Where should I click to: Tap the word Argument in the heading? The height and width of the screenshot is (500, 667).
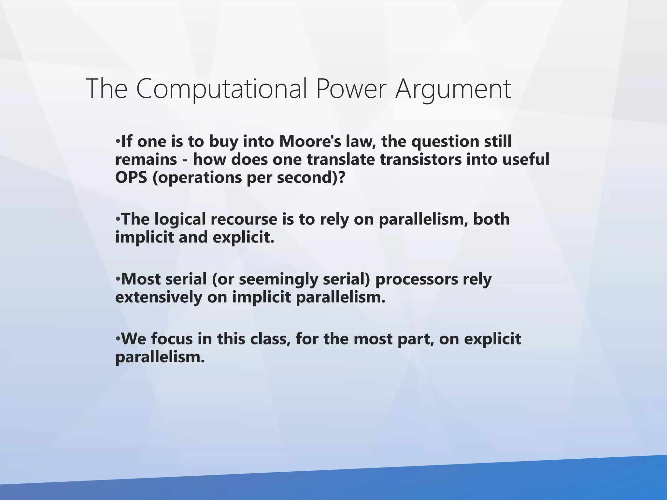pos(453,89)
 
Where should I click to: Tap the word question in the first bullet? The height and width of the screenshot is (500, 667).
pos(443,141)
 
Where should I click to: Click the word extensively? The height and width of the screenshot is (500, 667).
pos(159,297)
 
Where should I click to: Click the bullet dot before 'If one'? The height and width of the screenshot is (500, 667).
pos(118,142)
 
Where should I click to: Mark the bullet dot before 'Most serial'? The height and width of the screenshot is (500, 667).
pos(118,280)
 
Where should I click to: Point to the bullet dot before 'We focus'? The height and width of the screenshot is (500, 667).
pos(118,340)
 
